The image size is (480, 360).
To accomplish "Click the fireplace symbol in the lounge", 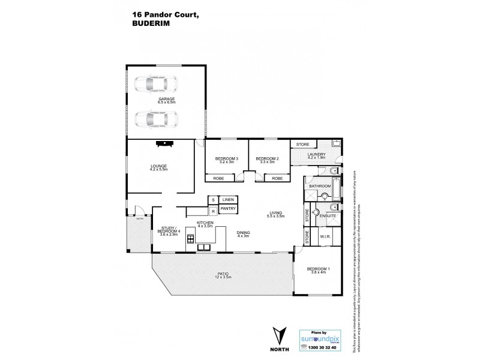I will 163,143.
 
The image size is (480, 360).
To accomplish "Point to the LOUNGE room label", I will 158,166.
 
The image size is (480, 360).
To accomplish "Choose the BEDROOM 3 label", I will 226,158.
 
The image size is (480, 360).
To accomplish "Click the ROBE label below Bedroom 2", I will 277,178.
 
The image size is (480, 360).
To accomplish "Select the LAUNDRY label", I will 316,155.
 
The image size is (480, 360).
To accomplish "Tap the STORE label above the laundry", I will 301,144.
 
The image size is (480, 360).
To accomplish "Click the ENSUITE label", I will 327,215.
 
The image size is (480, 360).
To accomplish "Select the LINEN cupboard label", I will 227,199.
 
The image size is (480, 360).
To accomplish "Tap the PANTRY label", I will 227,209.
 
